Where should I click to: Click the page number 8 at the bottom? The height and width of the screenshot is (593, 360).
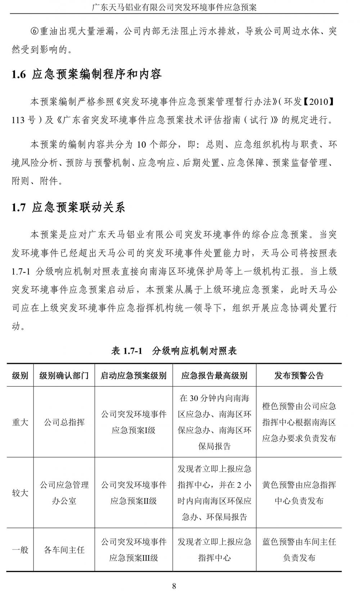coord(174,586)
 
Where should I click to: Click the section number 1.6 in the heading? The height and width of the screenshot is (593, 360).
coord(19,75)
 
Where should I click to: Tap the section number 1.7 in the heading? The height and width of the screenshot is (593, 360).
coord(19,208)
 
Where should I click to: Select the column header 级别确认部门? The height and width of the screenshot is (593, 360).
coord(64,376)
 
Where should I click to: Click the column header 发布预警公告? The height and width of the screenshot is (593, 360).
coord(299,376)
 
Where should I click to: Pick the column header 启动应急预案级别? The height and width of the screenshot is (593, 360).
coord(134,376)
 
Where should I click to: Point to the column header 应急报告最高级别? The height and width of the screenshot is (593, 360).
coord(214,376)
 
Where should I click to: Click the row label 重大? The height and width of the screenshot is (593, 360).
coord(20,422)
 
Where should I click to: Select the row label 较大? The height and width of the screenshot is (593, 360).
coord(20,493)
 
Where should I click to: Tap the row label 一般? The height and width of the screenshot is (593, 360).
coord(20,550)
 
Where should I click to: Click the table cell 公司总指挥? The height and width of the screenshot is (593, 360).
coord(64,422)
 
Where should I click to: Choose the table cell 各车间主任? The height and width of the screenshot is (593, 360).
coord(64,550)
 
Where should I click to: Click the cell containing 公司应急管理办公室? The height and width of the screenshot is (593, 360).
coord(64,493)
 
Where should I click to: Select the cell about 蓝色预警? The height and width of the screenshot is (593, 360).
coord(299,550)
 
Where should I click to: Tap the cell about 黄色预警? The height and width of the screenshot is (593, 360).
coord(299,493)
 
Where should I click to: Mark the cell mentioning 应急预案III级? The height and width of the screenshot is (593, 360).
coord(134,550)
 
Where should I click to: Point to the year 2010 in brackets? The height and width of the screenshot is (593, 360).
coord(319,102)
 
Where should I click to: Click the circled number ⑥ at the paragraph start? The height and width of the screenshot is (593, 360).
coord(35,31)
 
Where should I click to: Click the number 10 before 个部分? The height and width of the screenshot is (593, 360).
coord(141,145)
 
